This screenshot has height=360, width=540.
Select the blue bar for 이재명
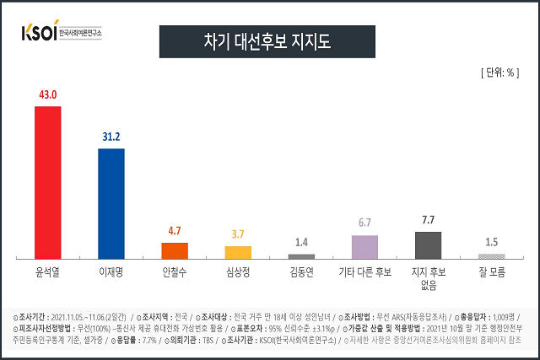point(111,203)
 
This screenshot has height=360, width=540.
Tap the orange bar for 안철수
point(175,250)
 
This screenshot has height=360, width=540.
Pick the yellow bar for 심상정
point(238,251)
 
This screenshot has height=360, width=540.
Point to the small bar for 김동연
point(301,255)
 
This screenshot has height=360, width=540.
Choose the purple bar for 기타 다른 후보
point(364,246)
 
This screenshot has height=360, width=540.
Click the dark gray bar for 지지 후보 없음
point(428,244)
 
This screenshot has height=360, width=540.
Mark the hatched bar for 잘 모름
point(491,255)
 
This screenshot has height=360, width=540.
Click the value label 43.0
point(47,95)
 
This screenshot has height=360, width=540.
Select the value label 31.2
point(111,137)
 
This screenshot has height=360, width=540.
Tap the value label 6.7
point(364,223)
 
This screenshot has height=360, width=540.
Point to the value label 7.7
point(428,220)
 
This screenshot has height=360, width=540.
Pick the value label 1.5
point(491,241)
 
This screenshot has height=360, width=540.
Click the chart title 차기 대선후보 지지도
point(268,40)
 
